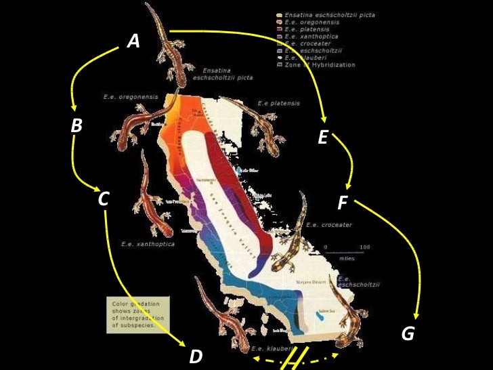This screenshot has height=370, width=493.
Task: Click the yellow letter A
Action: pos(133,43)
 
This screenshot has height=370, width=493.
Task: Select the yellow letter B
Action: pos(77,125)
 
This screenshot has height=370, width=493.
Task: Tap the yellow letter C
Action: pos(104,199)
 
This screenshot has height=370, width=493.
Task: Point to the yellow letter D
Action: pos(196,356)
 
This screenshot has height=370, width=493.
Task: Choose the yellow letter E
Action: pos(322,139)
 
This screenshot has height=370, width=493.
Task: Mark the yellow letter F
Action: pos(343,203)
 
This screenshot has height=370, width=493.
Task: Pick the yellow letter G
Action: pos(408,334)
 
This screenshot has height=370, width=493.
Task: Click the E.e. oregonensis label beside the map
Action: pos(131,97)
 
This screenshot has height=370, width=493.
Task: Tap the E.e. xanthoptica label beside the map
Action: pos(148,243)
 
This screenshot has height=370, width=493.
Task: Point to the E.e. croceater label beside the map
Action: pos(329,224)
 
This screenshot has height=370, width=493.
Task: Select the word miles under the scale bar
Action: pos(346,258)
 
